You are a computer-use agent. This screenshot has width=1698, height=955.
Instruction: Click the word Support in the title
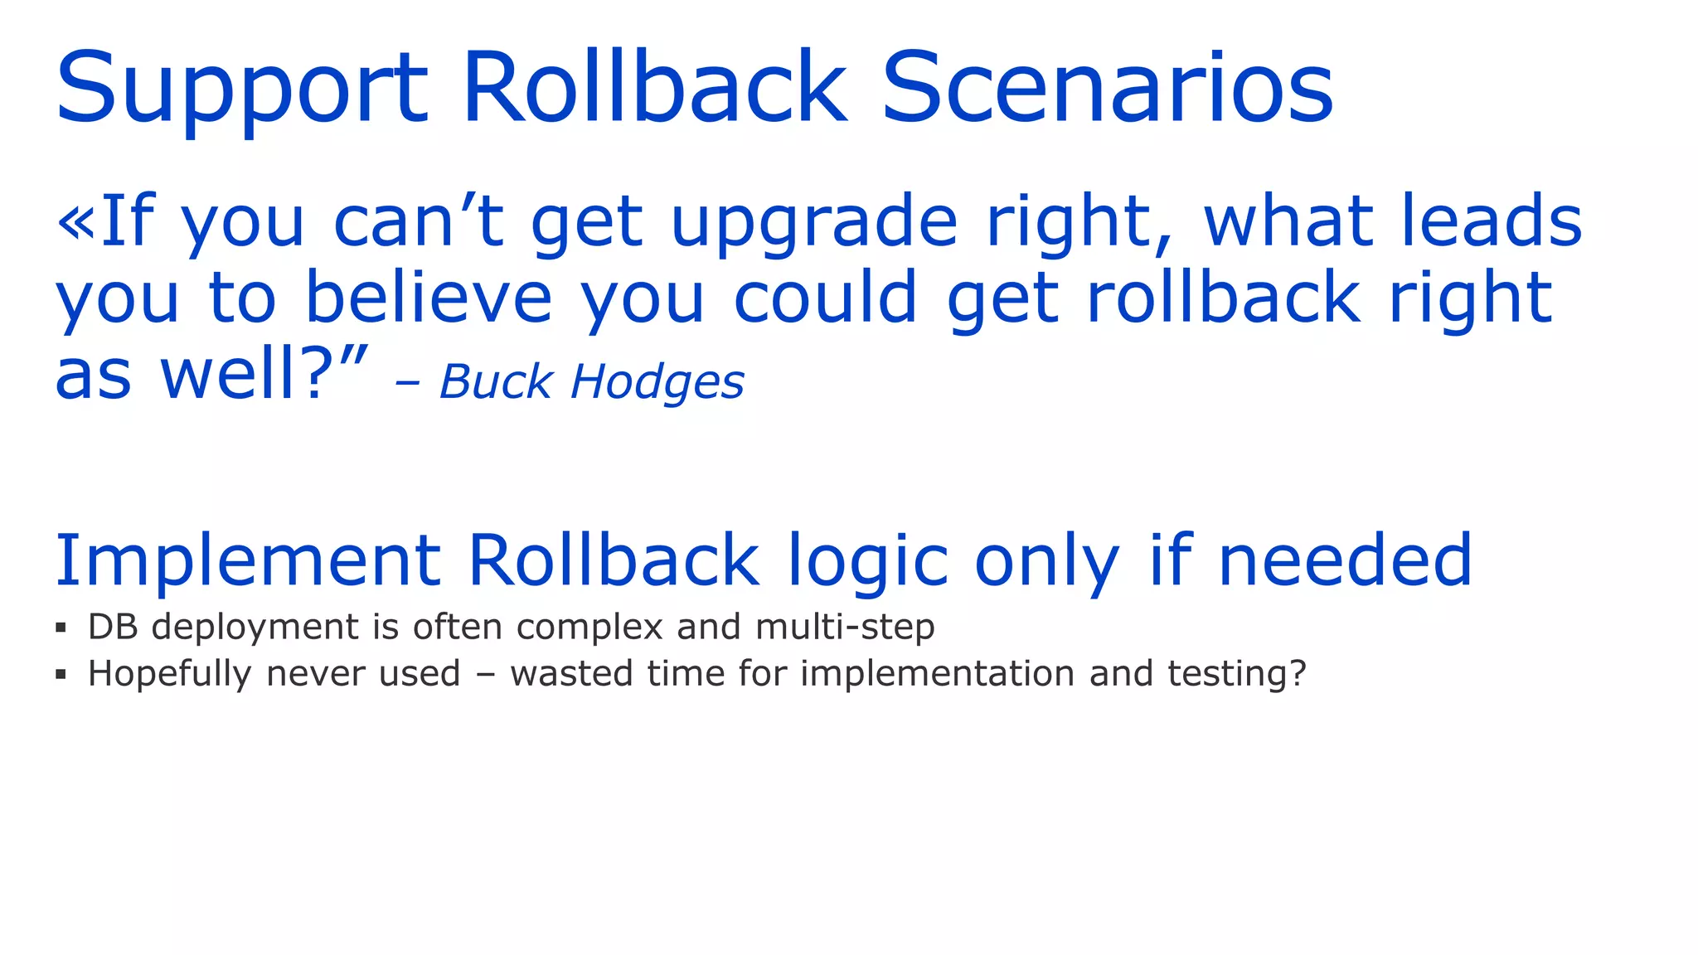241,89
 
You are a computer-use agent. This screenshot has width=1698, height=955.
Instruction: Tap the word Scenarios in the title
1107,89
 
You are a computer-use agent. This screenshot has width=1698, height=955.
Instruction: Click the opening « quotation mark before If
75,221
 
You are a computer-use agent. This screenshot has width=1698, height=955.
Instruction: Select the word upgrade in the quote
813,223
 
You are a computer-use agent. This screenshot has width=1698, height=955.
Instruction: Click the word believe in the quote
429,298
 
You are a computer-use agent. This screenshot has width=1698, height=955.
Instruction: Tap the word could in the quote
825,298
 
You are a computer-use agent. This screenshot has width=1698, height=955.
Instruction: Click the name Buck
496,382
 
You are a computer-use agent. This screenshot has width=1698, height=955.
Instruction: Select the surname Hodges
657,384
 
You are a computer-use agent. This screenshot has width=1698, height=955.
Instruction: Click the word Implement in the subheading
247,561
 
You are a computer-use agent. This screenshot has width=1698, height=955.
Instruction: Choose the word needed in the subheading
1345,561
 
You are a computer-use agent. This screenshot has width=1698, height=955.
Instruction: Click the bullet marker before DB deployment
61,628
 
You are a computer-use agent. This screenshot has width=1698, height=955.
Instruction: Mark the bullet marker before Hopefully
61,674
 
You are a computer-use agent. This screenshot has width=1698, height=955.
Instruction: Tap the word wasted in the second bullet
571,673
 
